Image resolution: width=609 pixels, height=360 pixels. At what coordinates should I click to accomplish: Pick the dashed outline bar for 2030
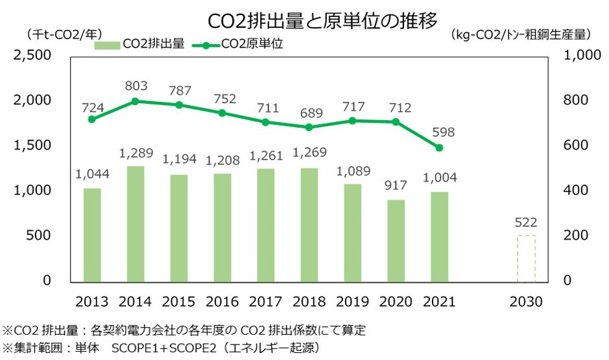click(x=525, y=258)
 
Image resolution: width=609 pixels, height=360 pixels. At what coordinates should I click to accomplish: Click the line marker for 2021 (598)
click(x=439, y=148)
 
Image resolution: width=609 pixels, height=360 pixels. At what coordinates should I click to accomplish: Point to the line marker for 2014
click(x=135, y=101)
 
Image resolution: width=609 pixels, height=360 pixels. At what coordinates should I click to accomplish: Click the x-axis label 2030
click(x=525, y=302)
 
